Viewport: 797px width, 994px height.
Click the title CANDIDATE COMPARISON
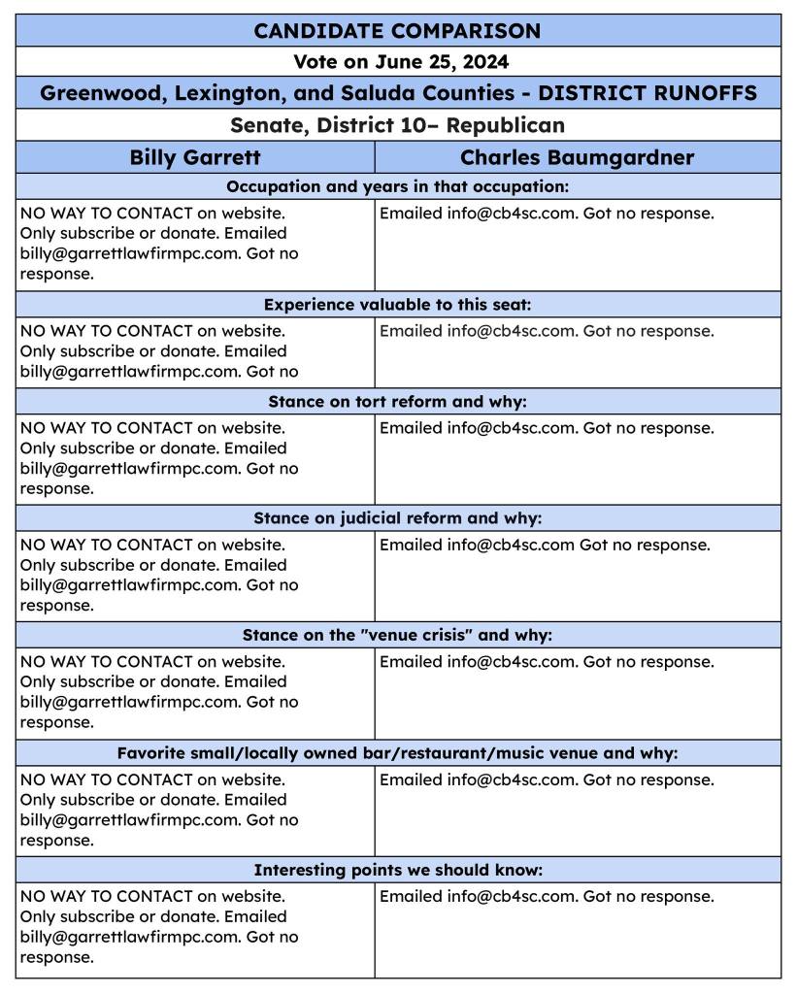click(397, 30)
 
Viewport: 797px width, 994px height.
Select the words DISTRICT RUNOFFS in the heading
click(647, 93)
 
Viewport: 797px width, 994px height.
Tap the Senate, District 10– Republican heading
click(397, 125)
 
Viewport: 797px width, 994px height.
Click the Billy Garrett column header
click(195, 157)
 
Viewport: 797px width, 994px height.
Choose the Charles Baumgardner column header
click(577, 157)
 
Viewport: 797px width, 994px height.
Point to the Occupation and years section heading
click(397, 186)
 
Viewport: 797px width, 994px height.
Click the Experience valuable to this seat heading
click(397, 305)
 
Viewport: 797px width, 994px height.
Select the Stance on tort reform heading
click(397, 402)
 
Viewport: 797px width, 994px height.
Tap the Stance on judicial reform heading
click(397, 518)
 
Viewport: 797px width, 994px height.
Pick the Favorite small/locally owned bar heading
click(397, 753)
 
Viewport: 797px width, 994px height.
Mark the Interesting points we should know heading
click(397, 871)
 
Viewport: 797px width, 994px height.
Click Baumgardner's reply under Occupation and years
click(547, 214)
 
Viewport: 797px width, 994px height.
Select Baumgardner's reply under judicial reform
click(545, 546)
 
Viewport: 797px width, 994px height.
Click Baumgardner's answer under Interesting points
click(547, 897)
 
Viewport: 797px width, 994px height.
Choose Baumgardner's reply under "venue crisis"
click(547, 662)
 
